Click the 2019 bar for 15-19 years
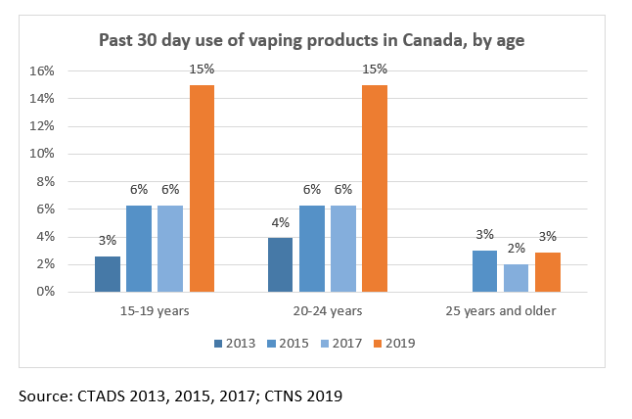(x=202, y=188)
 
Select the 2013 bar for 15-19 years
(x=108, y=274)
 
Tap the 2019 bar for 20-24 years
(x=375, y=188)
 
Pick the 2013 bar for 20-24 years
(x=281, y=265)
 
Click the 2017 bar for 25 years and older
(x=517, y=278)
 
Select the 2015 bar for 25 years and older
(x=485, y=271)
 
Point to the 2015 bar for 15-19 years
(x=139, y=249)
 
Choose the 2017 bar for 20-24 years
(x=343, y=249)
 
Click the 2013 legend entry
(x=235, y=343)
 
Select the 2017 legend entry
(x=344, y=343)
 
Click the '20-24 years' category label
(x=328, y=311)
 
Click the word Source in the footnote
(x=42, y=395)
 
